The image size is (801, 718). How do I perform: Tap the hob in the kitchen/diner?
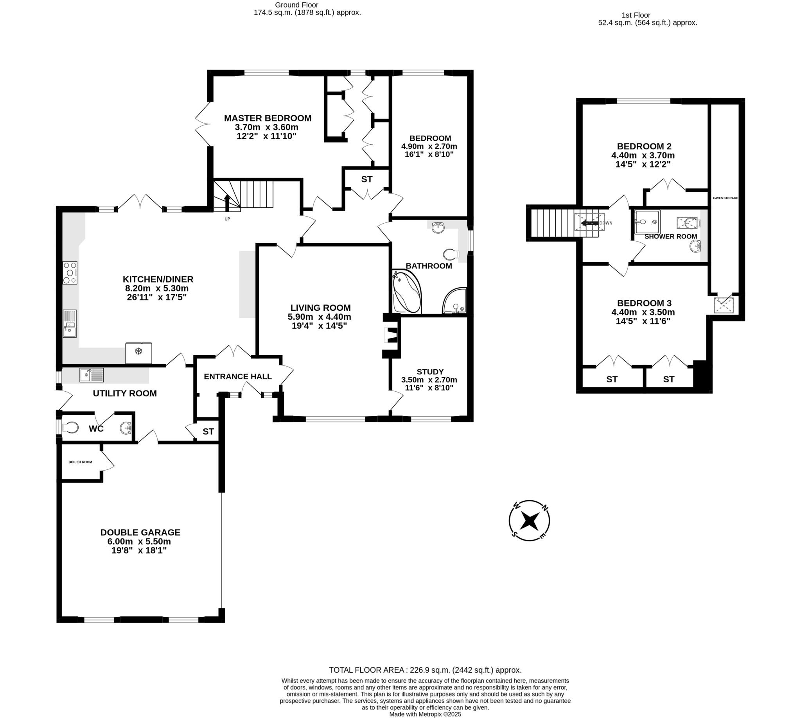click(70, 272)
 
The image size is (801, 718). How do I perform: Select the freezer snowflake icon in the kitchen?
click(138, 351)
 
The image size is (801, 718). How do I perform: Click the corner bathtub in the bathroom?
click(406, 292)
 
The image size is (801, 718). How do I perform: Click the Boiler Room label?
click(80, 462)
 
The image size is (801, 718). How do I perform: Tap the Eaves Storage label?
click(725, 198)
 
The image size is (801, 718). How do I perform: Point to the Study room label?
click(430, 372)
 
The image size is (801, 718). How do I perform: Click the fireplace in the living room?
click(391, 335)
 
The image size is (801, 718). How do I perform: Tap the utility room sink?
click(91, 375)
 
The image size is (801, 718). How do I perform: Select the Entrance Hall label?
click(238, 376)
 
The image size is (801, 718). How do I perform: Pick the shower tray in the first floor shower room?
click(647, 222)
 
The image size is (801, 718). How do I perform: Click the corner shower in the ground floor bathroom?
click(455, 302)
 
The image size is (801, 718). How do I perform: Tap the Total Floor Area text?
click(425, 670)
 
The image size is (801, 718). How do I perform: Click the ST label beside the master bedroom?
click(366, 179)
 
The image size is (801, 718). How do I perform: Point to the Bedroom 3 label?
click(644, 303)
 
